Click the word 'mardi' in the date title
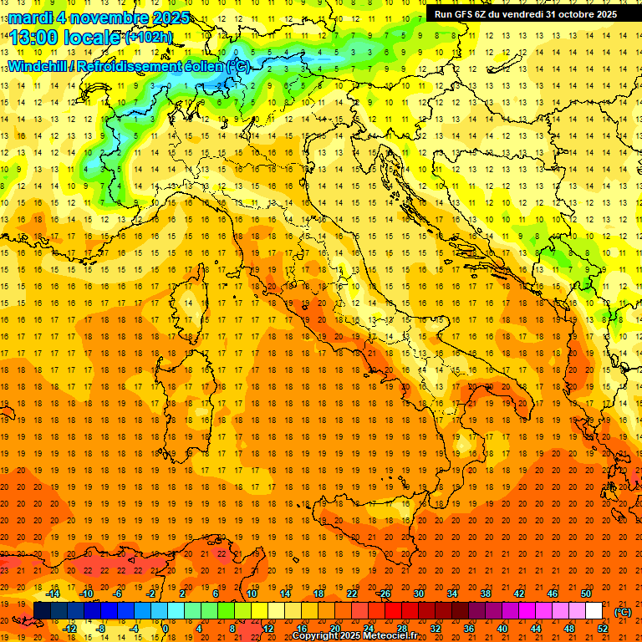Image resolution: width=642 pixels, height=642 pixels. [25, 18]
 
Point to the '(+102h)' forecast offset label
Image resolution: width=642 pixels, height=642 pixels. [150, 37]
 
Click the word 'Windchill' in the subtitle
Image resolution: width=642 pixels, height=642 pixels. [38, 66]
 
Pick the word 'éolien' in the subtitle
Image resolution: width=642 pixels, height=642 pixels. [201, 66]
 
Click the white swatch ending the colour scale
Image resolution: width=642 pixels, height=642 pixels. [594, 611]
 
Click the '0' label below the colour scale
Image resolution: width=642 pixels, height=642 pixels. [166, 629]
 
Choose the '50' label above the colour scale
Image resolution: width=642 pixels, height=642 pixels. [585, 594]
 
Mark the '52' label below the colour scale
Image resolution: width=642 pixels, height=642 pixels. [603, 629]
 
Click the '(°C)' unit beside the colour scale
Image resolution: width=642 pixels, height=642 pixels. [622, 611]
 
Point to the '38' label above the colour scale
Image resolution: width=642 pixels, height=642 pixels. [485, 594]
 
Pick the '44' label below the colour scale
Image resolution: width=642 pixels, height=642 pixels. [536, 629]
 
